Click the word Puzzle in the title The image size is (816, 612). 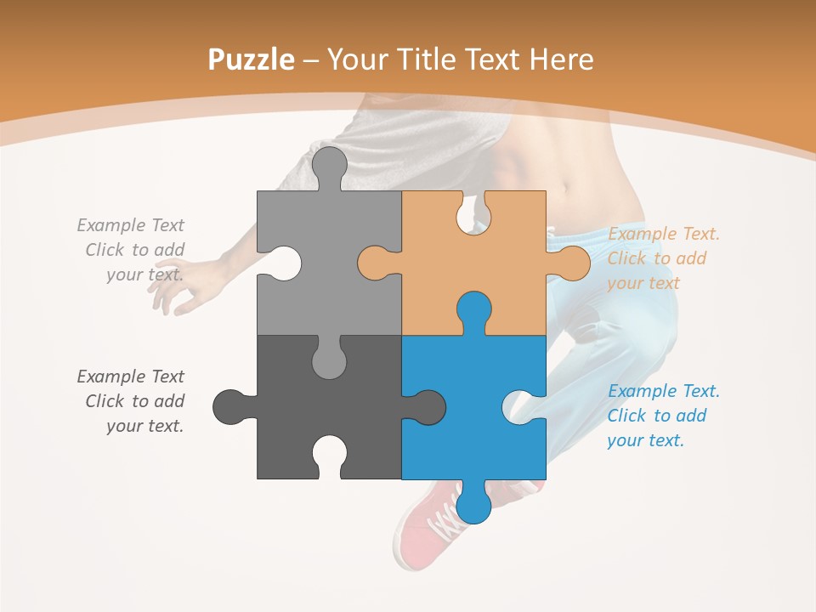tap(252, 59)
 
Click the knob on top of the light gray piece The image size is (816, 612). tap(329, 163)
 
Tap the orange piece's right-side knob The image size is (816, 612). tap(574, 263)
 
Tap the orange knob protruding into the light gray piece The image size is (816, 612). tap(373, 263)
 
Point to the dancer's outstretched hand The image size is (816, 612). tap(174, 293)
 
